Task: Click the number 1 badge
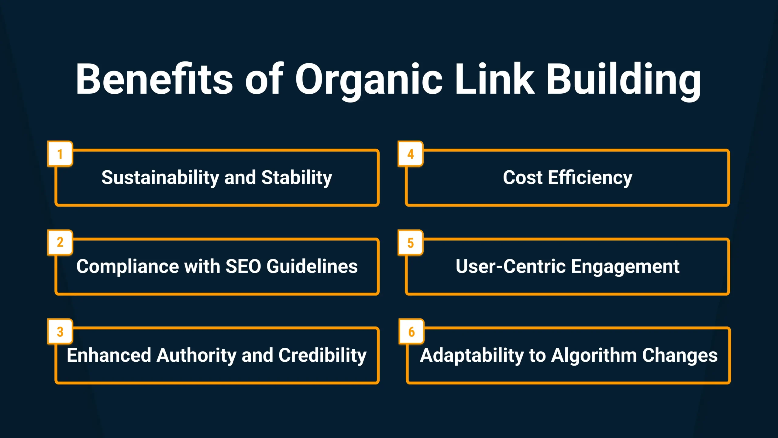point(60,154)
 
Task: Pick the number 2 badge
point(60,242)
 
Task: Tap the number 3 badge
point(60,332)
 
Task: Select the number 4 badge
point(411,154)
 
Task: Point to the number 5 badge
point(411,243)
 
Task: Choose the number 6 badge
point(411,332)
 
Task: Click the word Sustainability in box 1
point(160,178)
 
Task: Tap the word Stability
point(297,178)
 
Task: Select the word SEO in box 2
point(243,266)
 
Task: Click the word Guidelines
point(312,266)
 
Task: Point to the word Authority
point(196,355)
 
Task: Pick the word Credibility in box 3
point(322,355)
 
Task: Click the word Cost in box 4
point(522,178)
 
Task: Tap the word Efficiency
point(590,178)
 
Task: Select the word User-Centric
point(511,266)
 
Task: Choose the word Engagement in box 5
point(625,266)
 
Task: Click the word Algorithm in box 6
point(594,355)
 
